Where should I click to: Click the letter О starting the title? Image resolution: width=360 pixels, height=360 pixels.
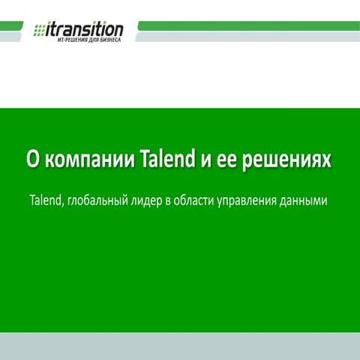(x=32, y=160)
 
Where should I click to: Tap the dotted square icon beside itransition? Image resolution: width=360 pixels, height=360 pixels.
(x=40, y=29)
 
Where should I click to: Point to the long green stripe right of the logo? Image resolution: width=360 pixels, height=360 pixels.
(x=247, y=26)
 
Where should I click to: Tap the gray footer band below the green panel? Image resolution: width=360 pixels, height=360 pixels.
(x=180, y=346)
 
